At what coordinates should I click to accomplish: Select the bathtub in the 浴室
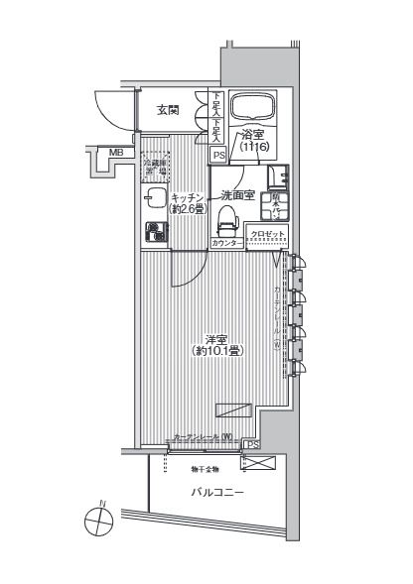(254, 107)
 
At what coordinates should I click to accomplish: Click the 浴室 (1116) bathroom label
(253, 142)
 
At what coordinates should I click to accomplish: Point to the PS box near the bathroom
(218, 155)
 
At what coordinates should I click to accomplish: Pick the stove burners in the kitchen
(154, 233)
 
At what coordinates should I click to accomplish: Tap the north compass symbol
(100, 520)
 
